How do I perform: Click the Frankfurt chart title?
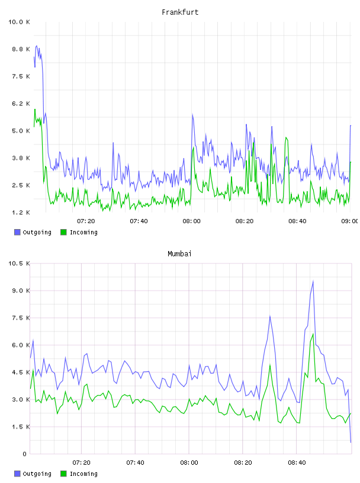click(x=180, y=12)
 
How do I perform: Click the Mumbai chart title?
click(x=179, y=254)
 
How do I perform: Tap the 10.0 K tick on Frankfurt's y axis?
click(x=19, y=22)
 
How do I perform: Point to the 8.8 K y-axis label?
click(x=21, y=49)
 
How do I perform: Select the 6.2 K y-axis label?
click(x=21, y=104)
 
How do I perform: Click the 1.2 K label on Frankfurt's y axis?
click(x=21, y=212)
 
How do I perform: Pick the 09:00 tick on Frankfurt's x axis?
click(x=349, y=221)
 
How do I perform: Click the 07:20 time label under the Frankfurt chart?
click(x=86, y=221)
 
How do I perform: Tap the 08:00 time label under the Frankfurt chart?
click(x=191, y=221)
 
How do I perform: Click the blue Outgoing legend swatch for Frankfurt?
click(x=17, y=232)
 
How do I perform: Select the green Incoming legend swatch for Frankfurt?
click(x=63, y=232)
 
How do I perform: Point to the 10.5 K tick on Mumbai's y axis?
click(x=19, y=263)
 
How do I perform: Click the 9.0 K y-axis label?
click(x=21, y=291)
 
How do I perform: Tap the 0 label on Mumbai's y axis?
click(x=24, y=454)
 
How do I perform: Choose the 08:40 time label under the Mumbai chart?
click(x=297, y=462)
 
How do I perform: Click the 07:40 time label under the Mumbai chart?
click(x=136, y=462)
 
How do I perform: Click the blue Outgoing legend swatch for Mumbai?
click(x=17, y=474)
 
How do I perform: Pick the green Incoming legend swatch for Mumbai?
click(x=63, y=474)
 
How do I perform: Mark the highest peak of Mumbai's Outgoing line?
click(x=313, y=281)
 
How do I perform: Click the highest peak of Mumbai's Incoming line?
click(x=313, y=334)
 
